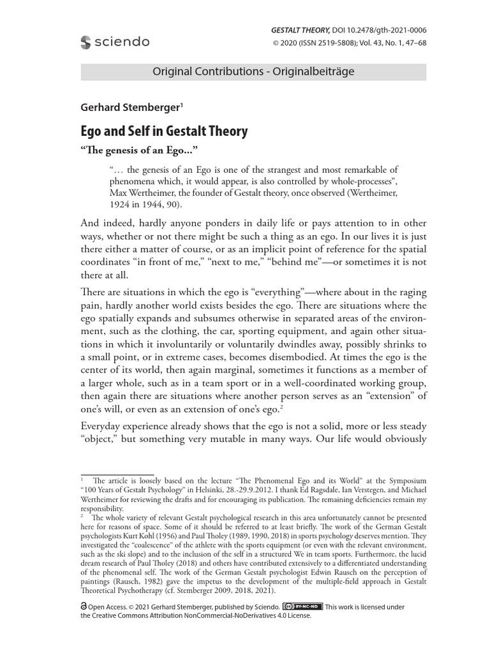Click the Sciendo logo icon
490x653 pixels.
tap(86, 42)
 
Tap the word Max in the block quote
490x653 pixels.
tap(119, 192)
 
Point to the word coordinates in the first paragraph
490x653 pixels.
tap(115, 261)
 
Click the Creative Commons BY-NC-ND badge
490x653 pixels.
tap(302, 606)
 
